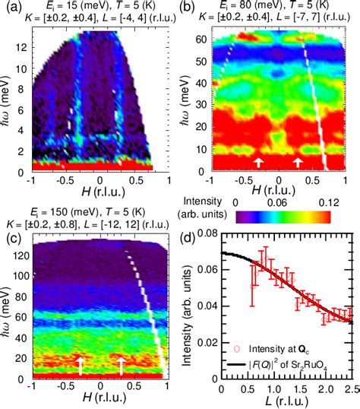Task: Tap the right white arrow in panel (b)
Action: click(x=298, y=162)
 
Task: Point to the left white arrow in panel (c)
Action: click(x=80, y=366)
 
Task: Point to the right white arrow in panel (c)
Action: click(x=121, y=366)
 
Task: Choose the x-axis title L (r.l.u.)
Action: click(x=286, y=402)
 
